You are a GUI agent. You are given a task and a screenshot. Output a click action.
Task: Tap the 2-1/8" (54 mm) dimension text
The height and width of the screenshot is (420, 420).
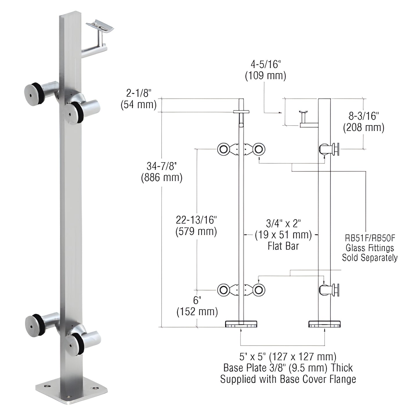pyautogui.click(x=139, y=99)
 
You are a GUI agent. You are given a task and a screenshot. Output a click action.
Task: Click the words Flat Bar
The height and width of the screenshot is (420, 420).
pyautogui.click(x=283, y=246)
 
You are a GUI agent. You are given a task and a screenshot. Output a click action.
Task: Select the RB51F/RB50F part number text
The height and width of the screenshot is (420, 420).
pyautogui.click(x=369, y=238)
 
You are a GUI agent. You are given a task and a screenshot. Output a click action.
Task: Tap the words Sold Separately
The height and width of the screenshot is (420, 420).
pyautogui.click(x=369, y=258)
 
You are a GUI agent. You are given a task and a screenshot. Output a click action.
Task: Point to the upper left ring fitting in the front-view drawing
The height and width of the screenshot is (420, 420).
pyautogui.click(x=224, y=149)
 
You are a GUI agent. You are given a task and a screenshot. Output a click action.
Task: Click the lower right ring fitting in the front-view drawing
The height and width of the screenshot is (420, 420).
pyautogui.click(x=258, y=290)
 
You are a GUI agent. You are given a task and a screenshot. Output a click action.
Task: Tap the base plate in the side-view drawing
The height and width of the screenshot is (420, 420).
pyautogui.click(x=325, y=324)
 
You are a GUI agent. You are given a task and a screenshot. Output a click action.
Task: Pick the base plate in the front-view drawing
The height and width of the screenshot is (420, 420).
pyautogui.click(x=241, y=324)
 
